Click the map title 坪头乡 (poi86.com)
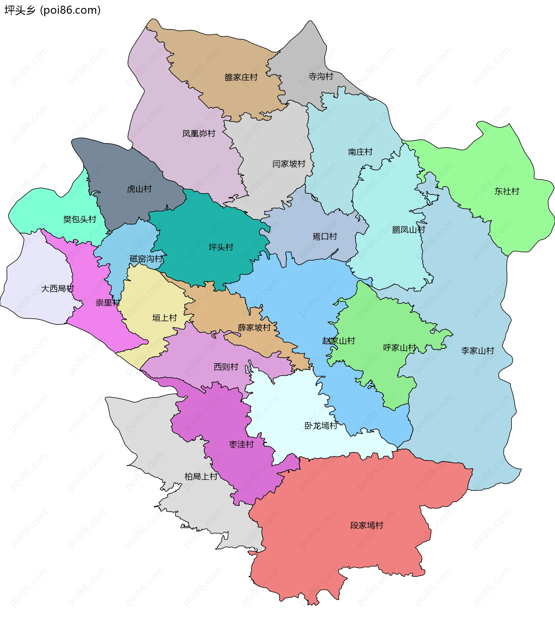pyautogui.click(x=53, y=10)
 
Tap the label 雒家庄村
pyautogui.click(x=241, y=77)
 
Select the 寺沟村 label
pyautogui.click(x=321, y=76)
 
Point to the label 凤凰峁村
pyautogui.click(x=199, y=133)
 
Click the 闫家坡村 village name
pyautogui.click(x=289, y=164)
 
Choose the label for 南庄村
pyautogui.click(x=360, y=152)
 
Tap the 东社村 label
pyautogui.click(x=506, y=191)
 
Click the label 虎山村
pyautogui.click(x=139, y=189)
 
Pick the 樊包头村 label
pyautogui.click(x=79, y=219)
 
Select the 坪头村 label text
pyautogui.click(x=221, y=247)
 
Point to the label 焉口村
pyautogui.click(x=325, y=236)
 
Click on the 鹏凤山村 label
pyautogui.click(x=408, y=230)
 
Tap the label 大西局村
pyautogui.click(x=57, y=289)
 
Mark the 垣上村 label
pyautogui.click(x=164, y=318)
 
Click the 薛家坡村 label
pyautogui.click(x=254, y=328)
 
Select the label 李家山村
pyautogui.click(x=478, y=350)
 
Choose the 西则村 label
pyautogui.click(x=226, y=367)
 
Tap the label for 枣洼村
pyautogui.click(x=241, y=444)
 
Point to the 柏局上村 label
pyautogui.click(x=201, y=476)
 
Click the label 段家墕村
pyautogui.click(x=367, y=525)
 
